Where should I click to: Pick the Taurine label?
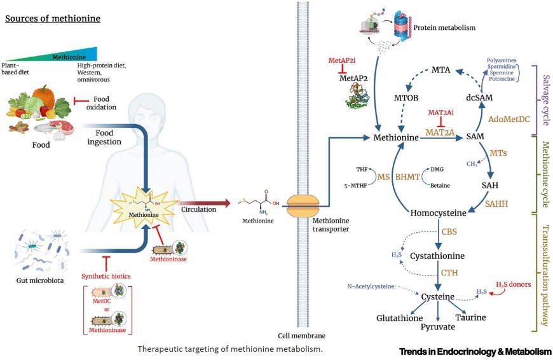click(471, 317)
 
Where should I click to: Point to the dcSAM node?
click(480, 99)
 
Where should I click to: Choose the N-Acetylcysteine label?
click(371, 286)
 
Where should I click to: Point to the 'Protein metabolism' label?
click(444, 28)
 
